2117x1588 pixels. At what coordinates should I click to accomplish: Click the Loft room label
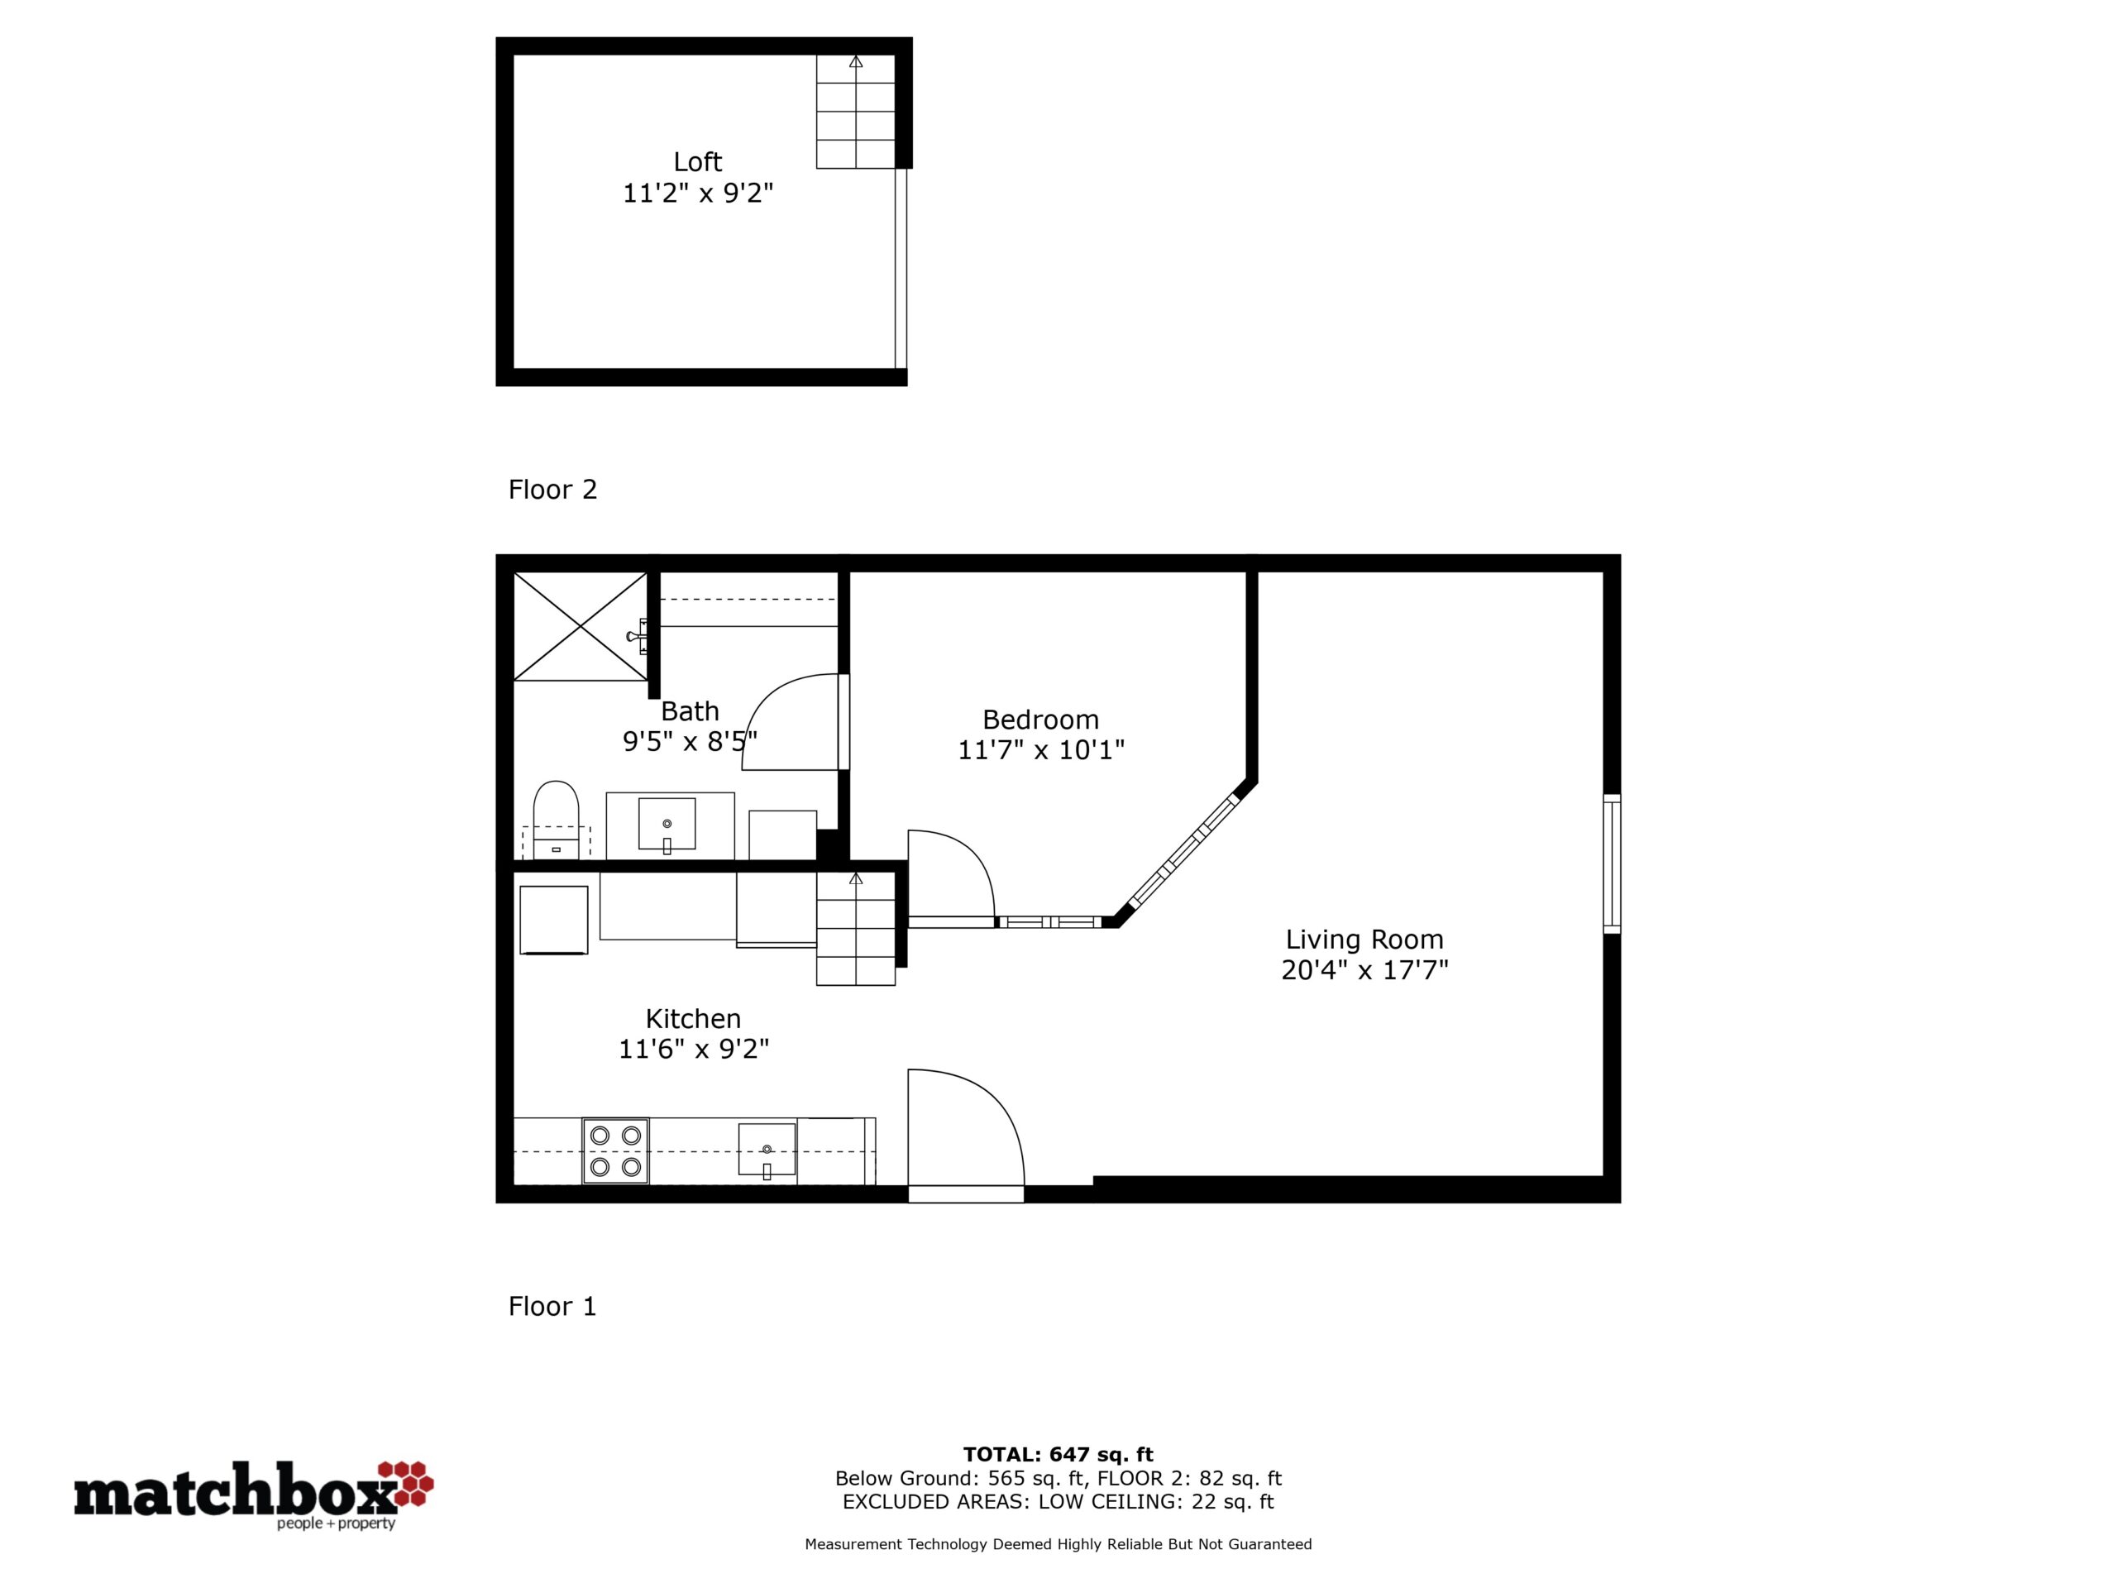697,162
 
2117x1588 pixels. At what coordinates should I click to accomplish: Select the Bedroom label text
1040,719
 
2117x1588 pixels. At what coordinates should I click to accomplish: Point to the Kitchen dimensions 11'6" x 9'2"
694,1049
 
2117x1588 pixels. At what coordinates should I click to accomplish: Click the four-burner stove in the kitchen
615,1150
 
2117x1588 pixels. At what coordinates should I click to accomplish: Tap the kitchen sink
767,1149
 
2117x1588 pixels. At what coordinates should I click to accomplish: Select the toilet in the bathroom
556,820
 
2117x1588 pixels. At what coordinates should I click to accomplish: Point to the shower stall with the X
581,626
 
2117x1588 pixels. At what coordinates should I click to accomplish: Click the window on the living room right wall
1612,863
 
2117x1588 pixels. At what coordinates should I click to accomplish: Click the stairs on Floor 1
856,929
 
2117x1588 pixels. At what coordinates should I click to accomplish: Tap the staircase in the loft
856,112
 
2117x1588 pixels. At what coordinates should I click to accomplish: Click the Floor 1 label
552,1306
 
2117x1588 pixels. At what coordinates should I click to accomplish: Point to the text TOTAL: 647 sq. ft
1058,1455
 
